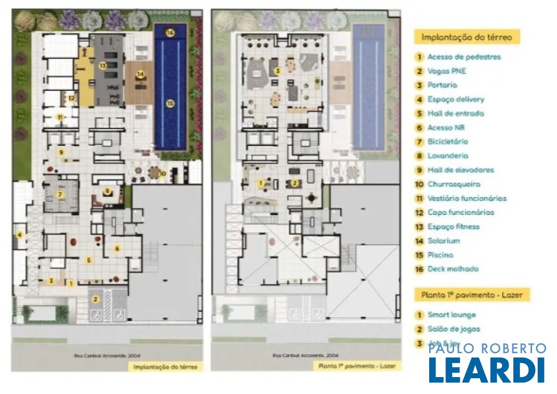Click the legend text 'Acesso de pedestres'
[x=464, y=57]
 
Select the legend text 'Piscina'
[x=440, y=255]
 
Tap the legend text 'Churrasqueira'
[x=454, y=184]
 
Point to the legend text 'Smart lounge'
[x=451, y=315]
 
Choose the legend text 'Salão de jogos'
[x=454, y=329]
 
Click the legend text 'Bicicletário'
[x=448, y=141]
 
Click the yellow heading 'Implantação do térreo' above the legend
[x=467, y=37]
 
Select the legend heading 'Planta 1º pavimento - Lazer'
[x=472, y=295]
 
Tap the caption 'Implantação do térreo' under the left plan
[x=165, y=367]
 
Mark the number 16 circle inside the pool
[x=170, y=33]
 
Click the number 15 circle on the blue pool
[x=170, y=103]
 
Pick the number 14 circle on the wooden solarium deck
[x=140, y=74]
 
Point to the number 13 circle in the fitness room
[x=102, y=65]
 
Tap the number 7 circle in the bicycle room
[x=61, y=194]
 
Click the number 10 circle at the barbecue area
[x=163, y=174]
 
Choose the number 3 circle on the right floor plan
[x=277, y=70]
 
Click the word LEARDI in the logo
[x=486, y=370]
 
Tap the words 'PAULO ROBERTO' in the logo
[x=487, y=349]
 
